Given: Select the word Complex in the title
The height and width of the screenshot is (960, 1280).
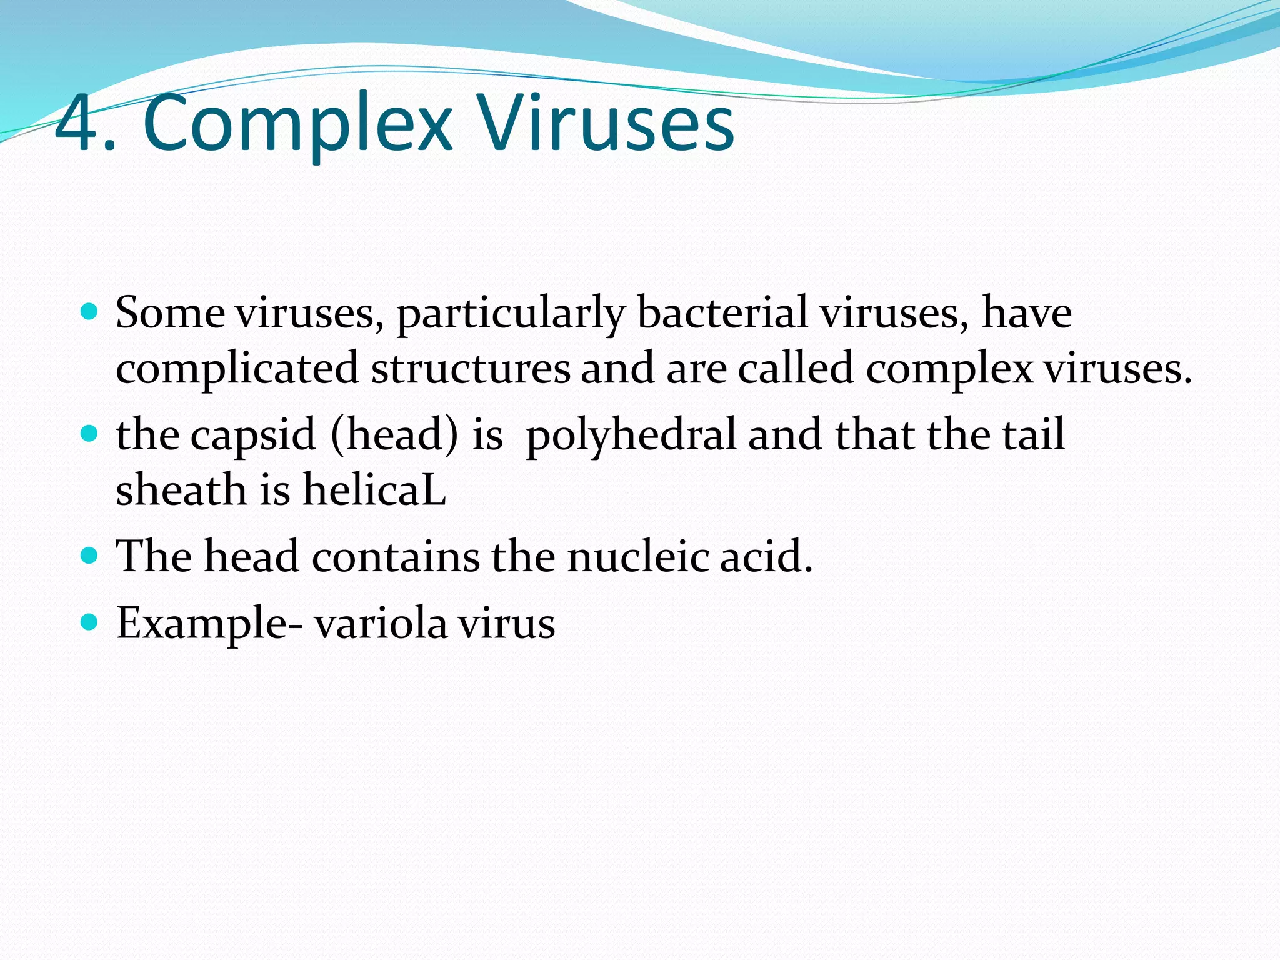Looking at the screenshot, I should click(297, 125).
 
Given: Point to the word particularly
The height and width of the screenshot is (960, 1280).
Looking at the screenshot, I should click(511, 314).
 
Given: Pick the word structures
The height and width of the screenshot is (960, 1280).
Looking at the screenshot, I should click(471, 369).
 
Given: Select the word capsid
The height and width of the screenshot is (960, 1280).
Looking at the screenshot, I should click(253, 436).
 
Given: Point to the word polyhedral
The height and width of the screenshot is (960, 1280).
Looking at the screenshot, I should click(631, 436).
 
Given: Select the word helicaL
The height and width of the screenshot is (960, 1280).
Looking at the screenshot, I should click(374, 489).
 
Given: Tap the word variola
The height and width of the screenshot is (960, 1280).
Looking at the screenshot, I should click(381, 623).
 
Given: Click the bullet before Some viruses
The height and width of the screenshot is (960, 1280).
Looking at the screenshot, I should click(90, 311).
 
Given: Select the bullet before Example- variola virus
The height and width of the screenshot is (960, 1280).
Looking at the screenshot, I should click(90, 622).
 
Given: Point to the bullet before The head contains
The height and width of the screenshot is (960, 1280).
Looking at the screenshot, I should click(90, 555).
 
